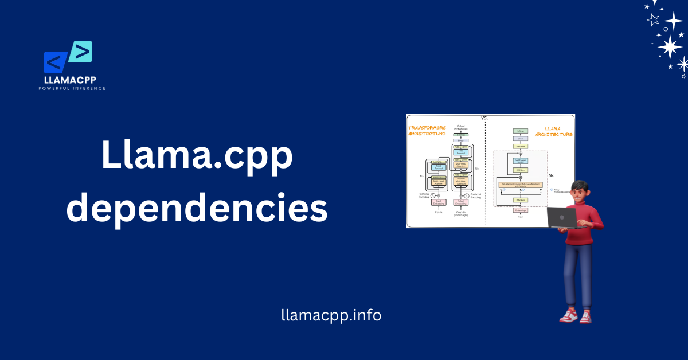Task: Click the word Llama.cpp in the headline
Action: tap(197, 156)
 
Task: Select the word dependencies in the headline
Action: tap(197, 209)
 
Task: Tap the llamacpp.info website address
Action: tap(331, 315)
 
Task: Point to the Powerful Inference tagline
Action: tap(72, 88)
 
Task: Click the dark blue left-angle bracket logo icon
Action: tap(56, 62)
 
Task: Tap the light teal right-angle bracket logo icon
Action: tap(81, 52)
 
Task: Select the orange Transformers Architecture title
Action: tap(427, 130)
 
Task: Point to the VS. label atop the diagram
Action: tap(485, 118)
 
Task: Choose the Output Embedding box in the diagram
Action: tap(460, 202)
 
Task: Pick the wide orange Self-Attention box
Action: tap(521, 184)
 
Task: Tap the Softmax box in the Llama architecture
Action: tap(521, 131)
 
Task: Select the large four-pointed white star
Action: tap(669, 46)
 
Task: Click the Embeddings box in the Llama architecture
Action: tap(521, 210)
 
